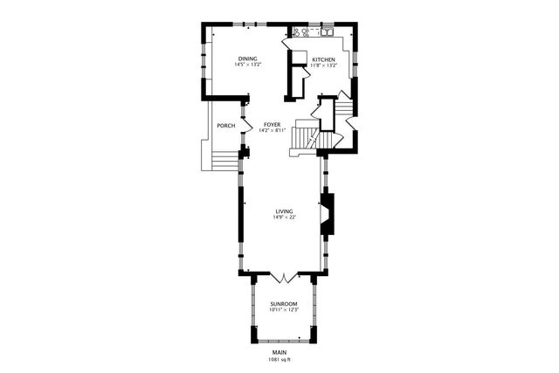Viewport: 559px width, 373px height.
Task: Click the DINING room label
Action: pos(245,59)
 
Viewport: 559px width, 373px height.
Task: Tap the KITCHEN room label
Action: pos(324,59)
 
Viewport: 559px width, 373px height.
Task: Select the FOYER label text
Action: pos(272,125)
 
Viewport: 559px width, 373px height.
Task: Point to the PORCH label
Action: pos(225,125)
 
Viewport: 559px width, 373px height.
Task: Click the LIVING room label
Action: pos(284,211)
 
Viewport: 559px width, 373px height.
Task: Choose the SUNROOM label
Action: pos(284,303)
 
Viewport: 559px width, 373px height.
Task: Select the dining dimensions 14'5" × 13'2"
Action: pos(245,65)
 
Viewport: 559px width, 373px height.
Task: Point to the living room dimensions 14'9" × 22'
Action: pos(284,218)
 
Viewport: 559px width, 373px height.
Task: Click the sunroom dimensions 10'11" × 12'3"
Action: pos(284,309)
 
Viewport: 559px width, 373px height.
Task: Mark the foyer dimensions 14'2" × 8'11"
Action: pos(272,131)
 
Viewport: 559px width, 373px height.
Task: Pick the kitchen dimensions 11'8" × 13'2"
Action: pos(324,65)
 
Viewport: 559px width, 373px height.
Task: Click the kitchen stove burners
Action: pos(300,32)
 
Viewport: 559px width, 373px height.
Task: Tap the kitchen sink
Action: pos(328,32)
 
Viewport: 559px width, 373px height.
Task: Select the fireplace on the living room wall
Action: pos(328,214)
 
